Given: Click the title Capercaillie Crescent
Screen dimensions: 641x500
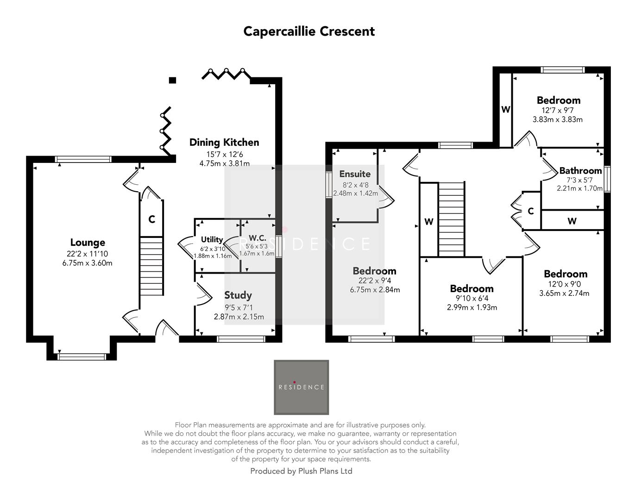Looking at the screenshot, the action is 309,31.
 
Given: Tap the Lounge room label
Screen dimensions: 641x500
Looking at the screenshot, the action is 88,243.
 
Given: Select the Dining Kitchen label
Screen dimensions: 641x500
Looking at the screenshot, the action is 224,143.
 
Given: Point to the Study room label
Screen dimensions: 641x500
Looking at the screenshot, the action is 238,295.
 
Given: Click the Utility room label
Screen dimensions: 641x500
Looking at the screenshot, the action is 212,240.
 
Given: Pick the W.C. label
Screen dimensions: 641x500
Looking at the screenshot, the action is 258,238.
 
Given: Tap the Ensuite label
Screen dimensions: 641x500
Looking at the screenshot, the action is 355,174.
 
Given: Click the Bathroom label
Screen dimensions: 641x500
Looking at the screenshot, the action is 580,171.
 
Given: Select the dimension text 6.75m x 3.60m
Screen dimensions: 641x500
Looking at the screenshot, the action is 88,263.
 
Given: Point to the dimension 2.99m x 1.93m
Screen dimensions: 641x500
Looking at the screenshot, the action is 472,307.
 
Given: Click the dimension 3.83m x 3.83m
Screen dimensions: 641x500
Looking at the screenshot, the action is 558,119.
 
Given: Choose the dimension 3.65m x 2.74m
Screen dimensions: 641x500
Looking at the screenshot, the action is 564,294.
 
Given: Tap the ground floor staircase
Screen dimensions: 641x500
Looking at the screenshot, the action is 151,266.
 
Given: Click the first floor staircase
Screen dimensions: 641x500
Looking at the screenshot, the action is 451,219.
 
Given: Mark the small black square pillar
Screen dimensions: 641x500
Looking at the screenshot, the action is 173,80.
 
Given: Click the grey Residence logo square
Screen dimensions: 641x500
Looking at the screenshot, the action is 301,387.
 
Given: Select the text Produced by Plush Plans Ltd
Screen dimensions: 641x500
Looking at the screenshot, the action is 301,471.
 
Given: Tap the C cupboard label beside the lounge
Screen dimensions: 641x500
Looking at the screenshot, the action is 151,219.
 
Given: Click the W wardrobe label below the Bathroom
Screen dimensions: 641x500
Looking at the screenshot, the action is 572,221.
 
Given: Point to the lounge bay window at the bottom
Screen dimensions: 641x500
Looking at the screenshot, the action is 82,357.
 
